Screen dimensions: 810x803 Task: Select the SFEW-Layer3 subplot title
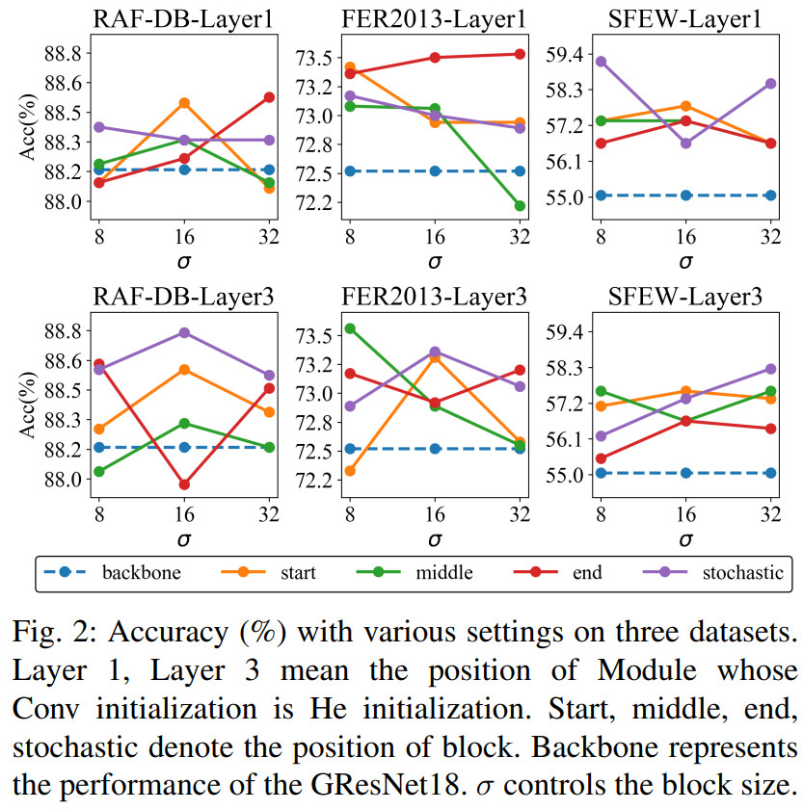coord(685,297)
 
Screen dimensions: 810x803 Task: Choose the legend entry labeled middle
coord(442,573)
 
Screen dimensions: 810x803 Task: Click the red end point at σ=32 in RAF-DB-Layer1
coord(269,97)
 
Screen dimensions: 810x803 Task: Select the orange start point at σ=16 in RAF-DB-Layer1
coord(184,103)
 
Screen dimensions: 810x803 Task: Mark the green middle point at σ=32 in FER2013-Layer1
coord(519,205)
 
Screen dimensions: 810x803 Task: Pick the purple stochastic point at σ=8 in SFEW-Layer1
coord(601,62)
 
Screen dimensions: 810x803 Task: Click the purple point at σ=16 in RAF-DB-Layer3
coord(184,332)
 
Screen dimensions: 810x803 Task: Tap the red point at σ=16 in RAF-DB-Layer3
coord(184,484)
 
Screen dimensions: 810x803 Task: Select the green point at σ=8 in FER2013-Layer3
coord(349,328)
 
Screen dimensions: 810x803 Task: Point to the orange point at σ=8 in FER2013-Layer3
coord(349,471)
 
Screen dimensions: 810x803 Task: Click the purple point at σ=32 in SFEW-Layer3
coord(770,369)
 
